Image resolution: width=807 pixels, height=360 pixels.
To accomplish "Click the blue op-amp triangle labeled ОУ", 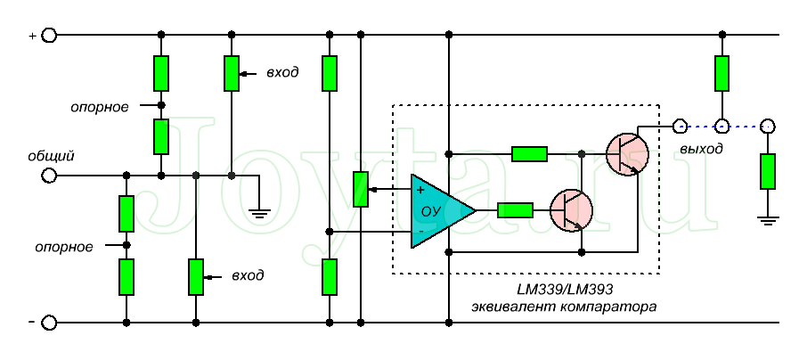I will coord(437,211).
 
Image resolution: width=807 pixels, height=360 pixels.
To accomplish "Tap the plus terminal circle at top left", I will coord(50,36).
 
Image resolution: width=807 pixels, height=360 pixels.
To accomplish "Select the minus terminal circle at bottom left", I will coord(50,322).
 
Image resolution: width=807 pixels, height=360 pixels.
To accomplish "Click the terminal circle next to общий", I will coord(50,175).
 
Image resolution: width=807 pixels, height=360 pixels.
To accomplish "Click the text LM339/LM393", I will coord(565,290).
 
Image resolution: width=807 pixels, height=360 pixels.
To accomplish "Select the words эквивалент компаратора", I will coord(565,307).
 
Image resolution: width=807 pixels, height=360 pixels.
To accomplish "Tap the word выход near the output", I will coord(700,148).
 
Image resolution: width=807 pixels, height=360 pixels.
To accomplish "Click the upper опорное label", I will coord(100,106).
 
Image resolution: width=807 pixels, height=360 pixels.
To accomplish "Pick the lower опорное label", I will coord(64,246).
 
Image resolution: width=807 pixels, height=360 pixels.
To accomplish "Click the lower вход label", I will coord(247,275).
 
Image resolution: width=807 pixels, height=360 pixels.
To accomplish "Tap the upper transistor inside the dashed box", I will coord(626,152).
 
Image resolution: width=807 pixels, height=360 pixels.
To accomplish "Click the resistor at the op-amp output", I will coord(515,210).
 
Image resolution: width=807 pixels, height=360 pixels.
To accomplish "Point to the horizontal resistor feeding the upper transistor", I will coord(529,153).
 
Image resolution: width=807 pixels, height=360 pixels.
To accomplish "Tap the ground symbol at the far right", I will coord(767,217).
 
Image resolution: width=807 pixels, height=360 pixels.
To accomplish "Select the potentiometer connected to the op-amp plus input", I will coord(360,189).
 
